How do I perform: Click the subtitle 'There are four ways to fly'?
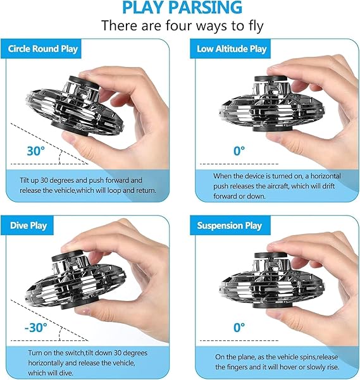(x=182, y=26)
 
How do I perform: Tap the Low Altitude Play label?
(x=232, y=49)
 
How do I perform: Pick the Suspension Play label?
(x=230, y=225)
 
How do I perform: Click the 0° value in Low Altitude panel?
(x=239, y=151)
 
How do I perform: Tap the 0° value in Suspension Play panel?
(x=239, y=328)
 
